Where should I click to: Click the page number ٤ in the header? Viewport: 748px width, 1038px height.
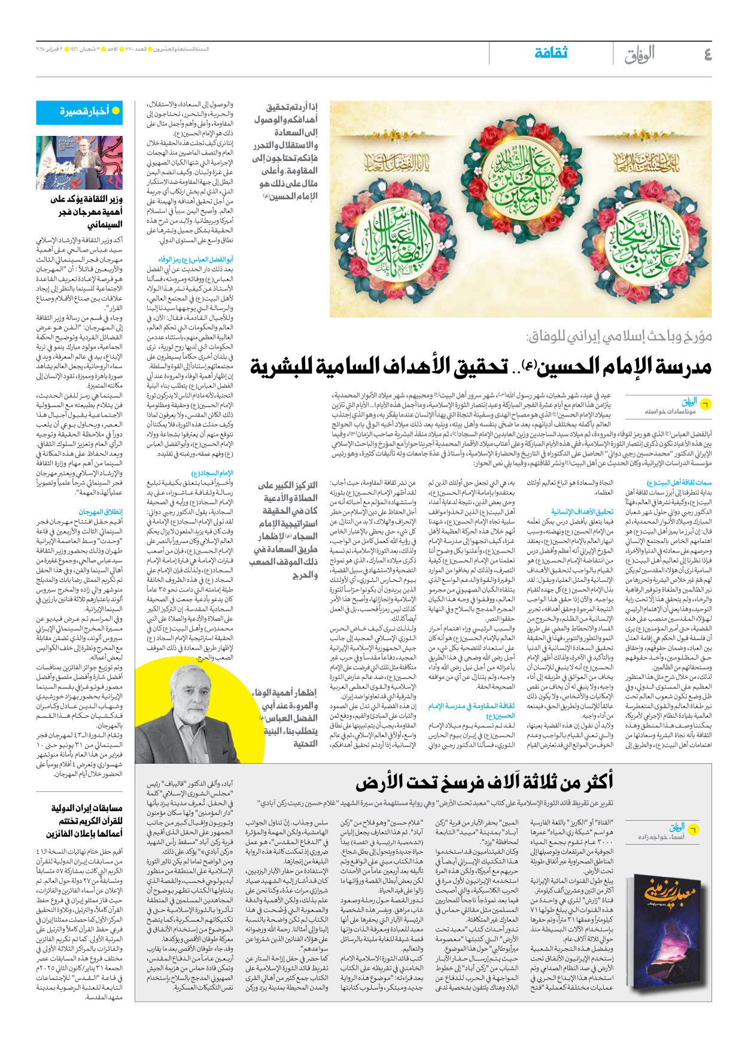pos(707,55)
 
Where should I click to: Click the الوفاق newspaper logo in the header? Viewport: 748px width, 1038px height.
pos(640,55)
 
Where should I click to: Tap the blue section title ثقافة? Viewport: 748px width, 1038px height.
pos(551,53)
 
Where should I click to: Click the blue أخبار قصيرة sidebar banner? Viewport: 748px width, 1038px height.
pos(80,112)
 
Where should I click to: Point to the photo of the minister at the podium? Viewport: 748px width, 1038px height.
pos(80,163)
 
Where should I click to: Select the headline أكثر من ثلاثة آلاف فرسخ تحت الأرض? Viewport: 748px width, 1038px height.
pos(484,782)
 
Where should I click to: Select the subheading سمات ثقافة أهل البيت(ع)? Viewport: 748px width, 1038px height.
pos(679,482)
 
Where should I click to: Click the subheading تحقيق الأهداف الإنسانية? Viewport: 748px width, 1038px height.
pos(582,512)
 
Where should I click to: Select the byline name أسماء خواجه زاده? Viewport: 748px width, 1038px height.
pos(661,836)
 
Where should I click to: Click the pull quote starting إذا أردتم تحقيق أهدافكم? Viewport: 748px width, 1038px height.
pos(286,151)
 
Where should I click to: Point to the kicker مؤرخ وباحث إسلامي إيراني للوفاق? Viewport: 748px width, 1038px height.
pos(619,336)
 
